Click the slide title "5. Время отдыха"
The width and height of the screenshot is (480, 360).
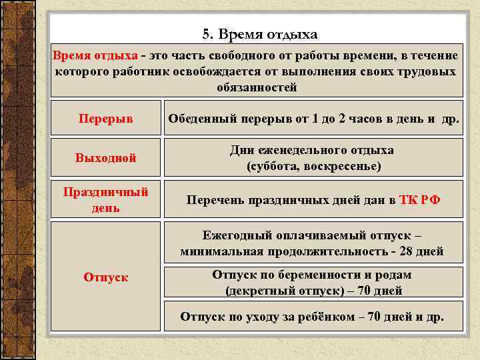pyautogui.click(x=259, y=33)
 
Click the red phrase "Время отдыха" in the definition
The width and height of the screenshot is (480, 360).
pyautogui.click(x=93, y=55)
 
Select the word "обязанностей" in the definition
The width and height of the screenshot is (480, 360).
pyautogui.click(x=257, y=87)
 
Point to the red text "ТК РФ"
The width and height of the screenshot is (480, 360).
pyautogui.click(x=419, y=200)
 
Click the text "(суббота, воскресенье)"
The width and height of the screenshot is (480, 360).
pyautogui.click(x=313, y=166)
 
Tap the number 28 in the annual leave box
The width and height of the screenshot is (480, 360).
pyautogui.click(x=409, y=252)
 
